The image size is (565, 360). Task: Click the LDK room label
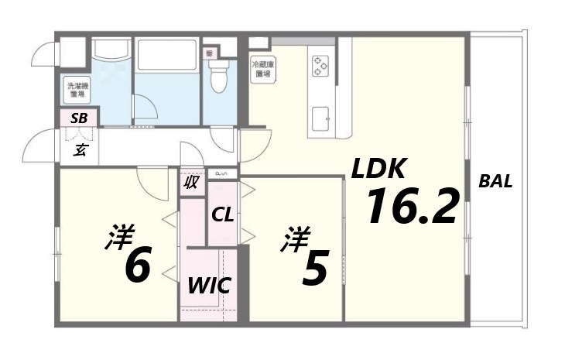379,170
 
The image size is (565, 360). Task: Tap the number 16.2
411,207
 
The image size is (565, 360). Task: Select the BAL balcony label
495,183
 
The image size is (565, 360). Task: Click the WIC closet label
208,285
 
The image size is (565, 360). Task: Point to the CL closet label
223,214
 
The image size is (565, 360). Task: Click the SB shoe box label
79,118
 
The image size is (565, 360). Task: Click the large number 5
314,267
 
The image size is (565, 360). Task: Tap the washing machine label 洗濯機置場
77,90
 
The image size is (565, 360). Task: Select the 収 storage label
190,183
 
